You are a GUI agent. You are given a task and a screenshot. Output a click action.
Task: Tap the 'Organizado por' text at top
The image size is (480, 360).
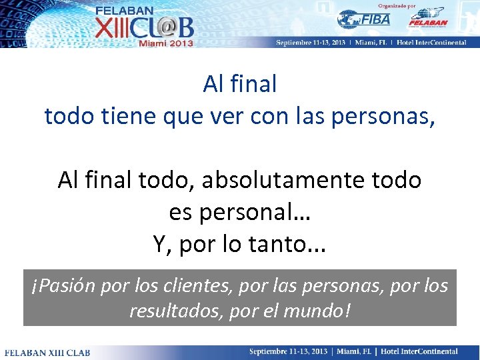click(x=397, y=5)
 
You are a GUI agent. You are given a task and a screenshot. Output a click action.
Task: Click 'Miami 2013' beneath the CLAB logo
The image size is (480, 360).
click(x=165, y=42)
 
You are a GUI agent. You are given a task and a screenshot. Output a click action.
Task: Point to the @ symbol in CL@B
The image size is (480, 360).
click(x=165, y=27)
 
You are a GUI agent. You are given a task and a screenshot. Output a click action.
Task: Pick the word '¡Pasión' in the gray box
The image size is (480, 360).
click(x=63, y=286)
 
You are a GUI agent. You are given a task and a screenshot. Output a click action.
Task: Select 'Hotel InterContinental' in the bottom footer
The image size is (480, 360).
click(x=419, y=351)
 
